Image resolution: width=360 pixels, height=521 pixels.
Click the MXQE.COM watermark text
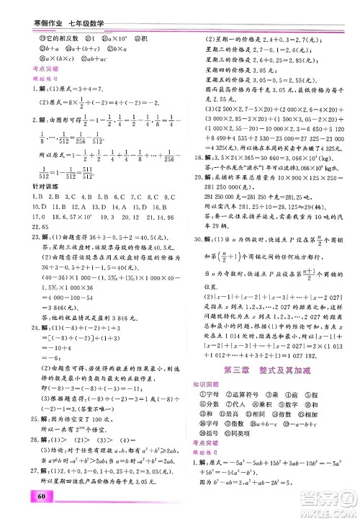tap(328, 507)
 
